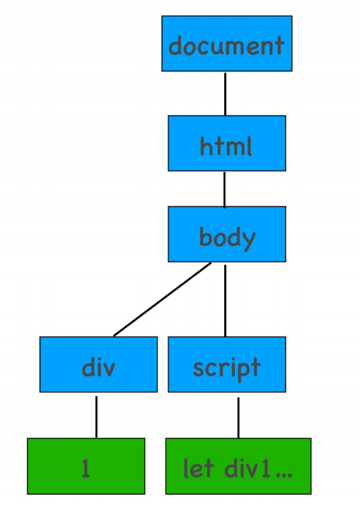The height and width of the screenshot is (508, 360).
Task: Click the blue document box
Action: click(x=227, y=44)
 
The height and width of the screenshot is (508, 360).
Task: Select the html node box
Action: click(x=227, y=143)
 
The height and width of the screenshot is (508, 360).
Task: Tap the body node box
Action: click(x=227, y=234)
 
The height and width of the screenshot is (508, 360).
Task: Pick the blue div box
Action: click(x=99, y=365)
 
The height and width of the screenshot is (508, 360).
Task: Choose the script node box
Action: click(x=227, y=365)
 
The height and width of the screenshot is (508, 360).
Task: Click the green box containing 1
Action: click(x=86, y=466)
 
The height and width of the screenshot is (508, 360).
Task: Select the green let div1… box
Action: click(x=238, y=466)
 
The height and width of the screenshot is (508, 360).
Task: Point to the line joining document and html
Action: click(x=225, y=93)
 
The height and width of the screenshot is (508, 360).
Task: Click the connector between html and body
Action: click(x=224, y=190)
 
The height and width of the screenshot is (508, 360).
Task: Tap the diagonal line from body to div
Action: click(x=162, y=299)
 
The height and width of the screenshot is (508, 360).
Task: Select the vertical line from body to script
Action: click(x=225, y=300)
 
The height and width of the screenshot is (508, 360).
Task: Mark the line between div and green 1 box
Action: click(x=97, y=417)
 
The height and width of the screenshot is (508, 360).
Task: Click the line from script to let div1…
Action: click(x=238, y=418)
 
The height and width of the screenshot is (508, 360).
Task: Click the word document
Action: click(x=226, y=45)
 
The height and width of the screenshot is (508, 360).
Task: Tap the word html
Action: click(x=225, y=146)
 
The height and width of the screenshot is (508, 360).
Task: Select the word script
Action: click(x=227, y=369)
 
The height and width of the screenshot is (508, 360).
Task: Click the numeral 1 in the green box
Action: click(x=86, y=468)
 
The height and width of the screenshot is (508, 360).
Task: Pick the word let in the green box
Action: click(x=198, y=468)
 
